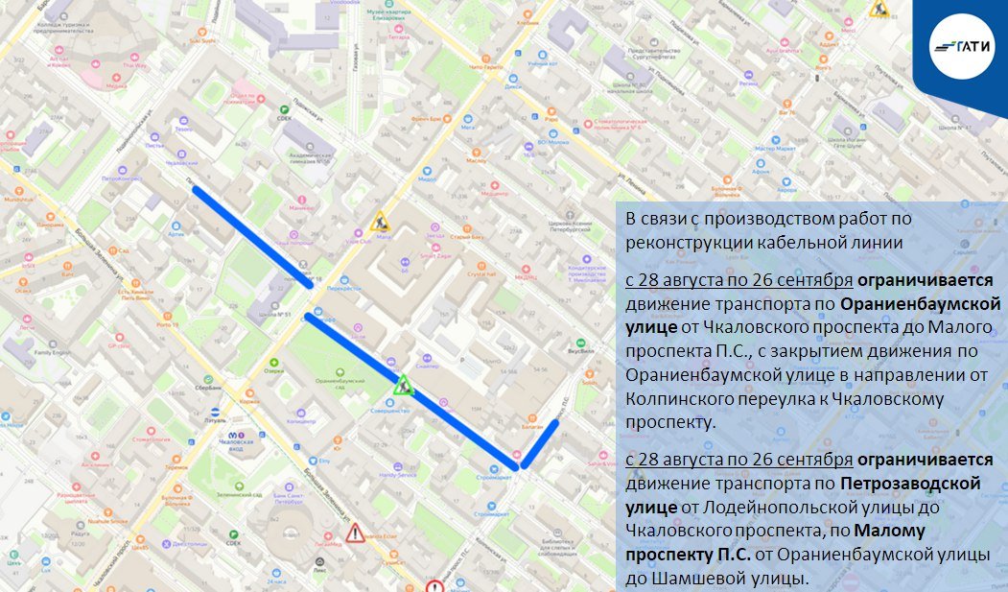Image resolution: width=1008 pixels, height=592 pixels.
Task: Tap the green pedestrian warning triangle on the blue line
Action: (404, 386)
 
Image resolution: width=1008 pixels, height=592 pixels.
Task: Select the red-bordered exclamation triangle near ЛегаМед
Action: (356, 533)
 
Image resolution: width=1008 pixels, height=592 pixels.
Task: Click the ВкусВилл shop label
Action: (583, 351)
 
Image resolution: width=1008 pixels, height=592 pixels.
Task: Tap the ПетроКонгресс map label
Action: (123, 178)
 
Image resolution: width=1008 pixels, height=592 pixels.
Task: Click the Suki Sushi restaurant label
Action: (202, 41)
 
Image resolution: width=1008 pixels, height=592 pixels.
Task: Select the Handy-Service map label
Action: (397, 474)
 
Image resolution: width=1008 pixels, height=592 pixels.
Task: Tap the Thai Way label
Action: (135, 66)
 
